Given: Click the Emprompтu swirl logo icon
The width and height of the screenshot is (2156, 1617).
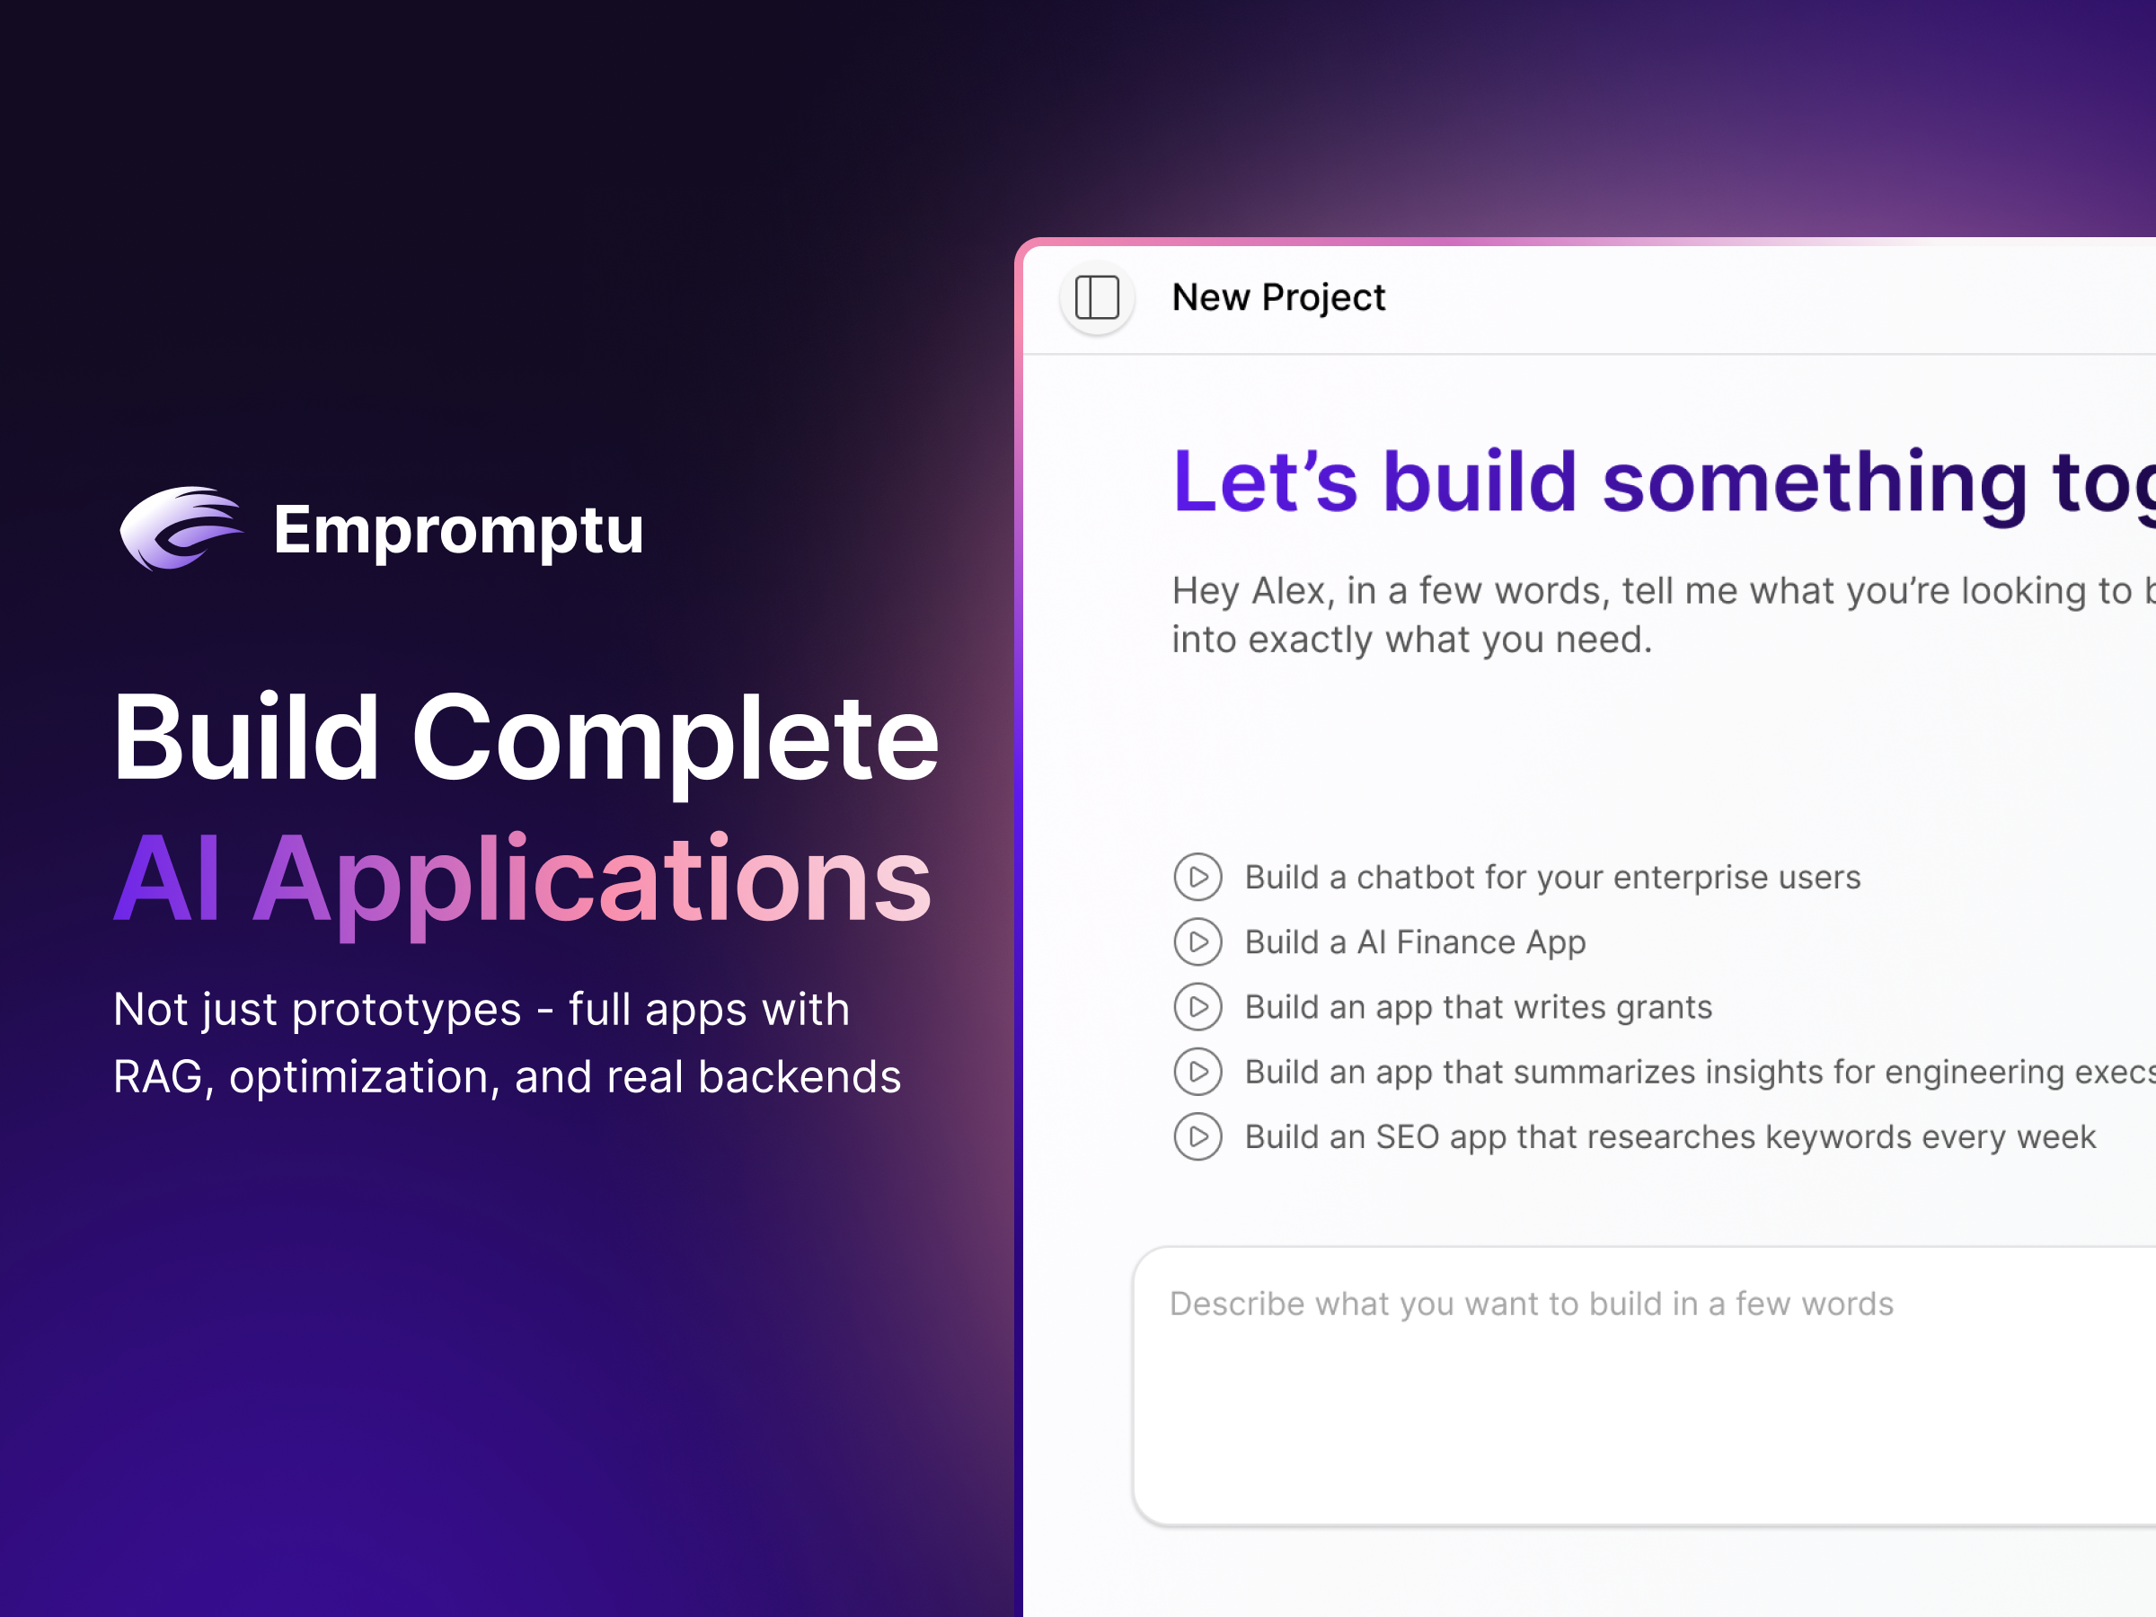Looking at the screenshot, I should coord(181,528).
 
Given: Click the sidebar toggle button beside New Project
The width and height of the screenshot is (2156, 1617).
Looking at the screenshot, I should coord(1097,297).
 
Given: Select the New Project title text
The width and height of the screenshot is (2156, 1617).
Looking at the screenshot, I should coord(1277,297).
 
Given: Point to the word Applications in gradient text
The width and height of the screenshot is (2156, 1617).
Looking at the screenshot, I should coord(593,880).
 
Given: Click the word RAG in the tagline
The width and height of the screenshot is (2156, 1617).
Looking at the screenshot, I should coord(158,1077).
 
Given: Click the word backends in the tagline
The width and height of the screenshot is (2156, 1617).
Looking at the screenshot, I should coord(800,1077).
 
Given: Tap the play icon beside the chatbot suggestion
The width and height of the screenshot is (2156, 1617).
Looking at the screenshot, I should coord(1197,877).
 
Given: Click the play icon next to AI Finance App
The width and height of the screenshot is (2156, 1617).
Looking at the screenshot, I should coord(1197,942).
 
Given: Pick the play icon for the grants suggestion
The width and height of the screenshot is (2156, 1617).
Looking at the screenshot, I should coord(1197,1007).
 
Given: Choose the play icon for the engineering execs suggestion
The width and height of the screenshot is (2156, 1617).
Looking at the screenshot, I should coord(1197,1072).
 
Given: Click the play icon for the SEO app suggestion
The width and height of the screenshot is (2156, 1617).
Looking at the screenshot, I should coord(1197,1136).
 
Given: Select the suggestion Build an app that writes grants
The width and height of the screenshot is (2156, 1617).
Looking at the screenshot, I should coord(1478,1007).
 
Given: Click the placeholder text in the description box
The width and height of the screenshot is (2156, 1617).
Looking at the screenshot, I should coord(1530,1304).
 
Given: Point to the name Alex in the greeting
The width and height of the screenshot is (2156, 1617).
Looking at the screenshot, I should coord(1288,591).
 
